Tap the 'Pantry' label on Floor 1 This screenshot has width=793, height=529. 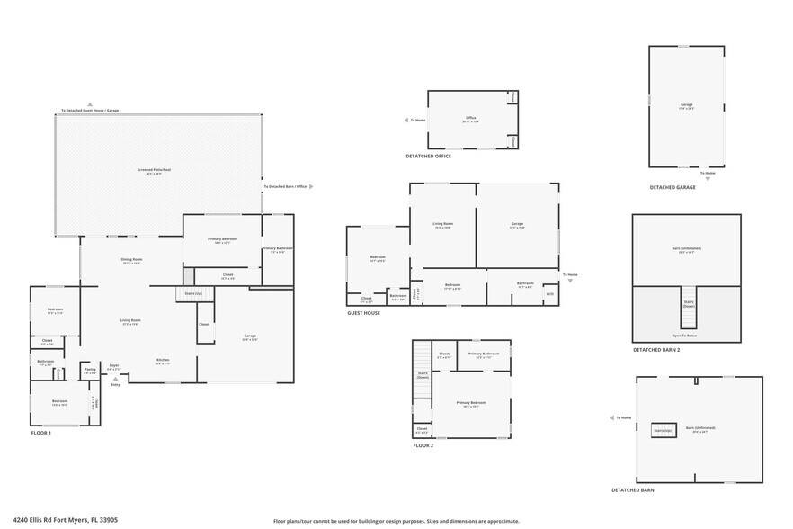90,369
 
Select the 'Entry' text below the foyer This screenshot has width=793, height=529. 115,384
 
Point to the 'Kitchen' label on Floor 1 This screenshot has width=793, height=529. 163,360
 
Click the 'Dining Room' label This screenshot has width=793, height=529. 132,261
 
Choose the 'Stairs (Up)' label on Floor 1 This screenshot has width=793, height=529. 192,293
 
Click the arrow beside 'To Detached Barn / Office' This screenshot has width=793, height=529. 312,187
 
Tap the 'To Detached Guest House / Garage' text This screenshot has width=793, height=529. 89,111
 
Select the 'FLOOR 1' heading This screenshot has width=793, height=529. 41,433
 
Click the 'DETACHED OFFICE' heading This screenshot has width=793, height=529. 428,156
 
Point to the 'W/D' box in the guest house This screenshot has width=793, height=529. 549,293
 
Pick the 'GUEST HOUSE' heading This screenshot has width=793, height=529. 363,313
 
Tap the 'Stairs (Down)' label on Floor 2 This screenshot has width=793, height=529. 423,375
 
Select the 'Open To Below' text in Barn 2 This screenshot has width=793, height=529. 686,336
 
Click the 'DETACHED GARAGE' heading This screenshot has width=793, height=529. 673,187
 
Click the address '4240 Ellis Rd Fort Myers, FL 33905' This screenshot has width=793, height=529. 74,519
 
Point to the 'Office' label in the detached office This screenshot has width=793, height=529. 470,118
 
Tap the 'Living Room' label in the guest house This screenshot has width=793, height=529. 442,225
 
